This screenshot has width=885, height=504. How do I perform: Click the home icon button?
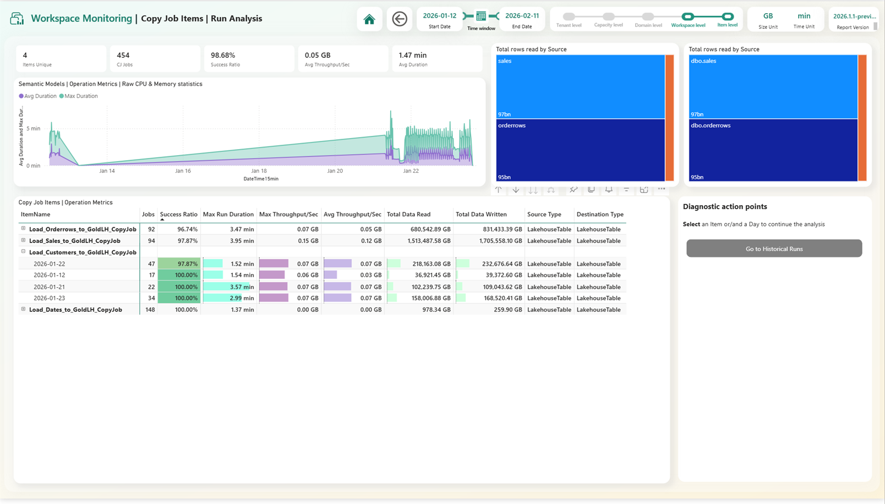coord(369,19)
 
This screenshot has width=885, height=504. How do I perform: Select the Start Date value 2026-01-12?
coord(439,16)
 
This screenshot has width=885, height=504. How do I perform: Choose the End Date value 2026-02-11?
coord(522,16)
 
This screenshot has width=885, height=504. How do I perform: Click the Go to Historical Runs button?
coord(774,249)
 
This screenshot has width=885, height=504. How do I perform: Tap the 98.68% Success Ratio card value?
coord(223,55)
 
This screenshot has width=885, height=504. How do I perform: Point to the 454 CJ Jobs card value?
coord(123,55)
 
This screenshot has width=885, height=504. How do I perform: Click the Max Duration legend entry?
coord(80,96)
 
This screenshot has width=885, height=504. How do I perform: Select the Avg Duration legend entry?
coord(40,96)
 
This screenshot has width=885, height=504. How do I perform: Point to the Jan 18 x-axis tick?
coord(259,171)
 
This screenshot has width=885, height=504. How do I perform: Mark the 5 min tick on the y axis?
coord(34,129)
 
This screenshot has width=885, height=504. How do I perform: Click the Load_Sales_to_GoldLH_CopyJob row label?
coord(74,241)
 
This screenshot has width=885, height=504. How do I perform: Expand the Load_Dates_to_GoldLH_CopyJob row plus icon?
coord(23,309)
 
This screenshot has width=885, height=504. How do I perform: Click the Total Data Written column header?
coord(481,215)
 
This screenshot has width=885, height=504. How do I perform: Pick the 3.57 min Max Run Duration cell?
coord(242,287)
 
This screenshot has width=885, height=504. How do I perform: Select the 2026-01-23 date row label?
coord(49,298)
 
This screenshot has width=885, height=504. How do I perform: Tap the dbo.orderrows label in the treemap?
coord(711,125)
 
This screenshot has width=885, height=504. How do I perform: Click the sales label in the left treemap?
coord(505,61)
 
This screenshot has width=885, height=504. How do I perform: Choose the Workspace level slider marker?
coord(688,17)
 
